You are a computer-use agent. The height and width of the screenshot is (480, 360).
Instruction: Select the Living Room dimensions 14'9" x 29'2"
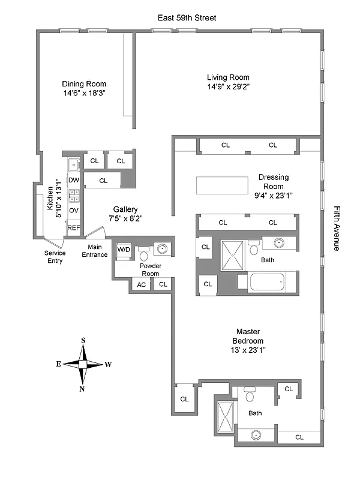(228, 87)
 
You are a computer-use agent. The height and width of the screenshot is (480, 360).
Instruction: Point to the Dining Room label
(84, 84)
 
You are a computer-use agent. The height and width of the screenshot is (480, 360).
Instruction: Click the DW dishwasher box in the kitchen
(74, 180)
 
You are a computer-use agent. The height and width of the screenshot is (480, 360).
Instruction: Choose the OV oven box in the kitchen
(74, 211)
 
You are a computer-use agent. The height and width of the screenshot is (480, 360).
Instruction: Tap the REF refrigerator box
(73, 228)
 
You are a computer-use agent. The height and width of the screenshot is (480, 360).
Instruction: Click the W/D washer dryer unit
(124, 250)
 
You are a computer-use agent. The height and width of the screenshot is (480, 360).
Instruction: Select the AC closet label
(142, 284)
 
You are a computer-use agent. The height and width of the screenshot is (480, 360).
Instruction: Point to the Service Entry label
(55, 257)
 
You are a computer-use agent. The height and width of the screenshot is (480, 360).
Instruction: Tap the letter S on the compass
(83, 341)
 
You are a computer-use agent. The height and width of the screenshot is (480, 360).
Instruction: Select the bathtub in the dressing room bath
(267, 282)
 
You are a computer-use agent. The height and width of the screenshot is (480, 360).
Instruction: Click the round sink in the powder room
(161, 248)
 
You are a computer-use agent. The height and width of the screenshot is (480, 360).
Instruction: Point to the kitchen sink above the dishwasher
(74, 164)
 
